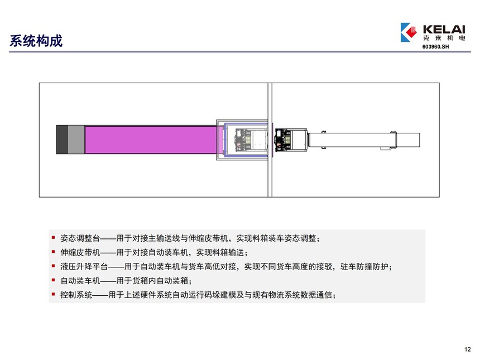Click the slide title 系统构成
36,41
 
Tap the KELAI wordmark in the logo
444,30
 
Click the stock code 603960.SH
435,46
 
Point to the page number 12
468,349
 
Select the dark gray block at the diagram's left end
62,140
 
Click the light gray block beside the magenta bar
76,140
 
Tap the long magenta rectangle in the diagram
151,140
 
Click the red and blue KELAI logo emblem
409,32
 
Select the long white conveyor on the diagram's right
364,140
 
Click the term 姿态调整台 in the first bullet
80,238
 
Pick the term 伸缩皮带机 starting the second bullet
80,252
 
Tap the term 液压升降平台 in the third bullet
84,267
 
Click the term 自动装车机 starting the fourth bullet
80,281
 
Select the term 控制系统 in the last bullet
76,295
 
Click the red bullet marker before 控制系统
53,294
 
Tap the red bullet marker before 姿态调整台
53,237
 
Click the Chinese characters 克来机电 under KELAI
444,38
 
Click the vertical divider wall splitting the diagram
270,140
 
